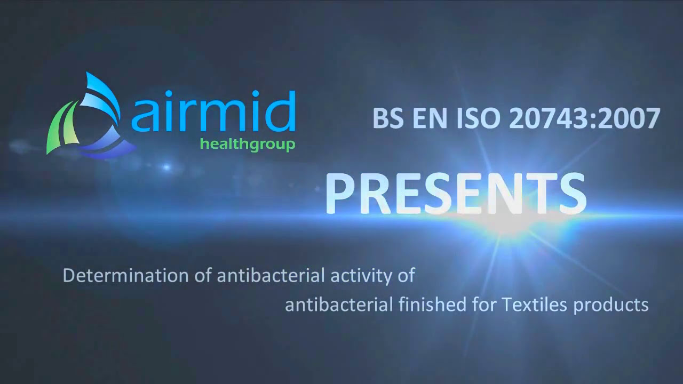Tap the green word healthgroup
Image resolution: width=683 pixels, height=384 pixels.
[247, 144]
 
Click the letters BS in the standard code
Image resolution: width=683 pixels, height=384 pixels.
[385, 118]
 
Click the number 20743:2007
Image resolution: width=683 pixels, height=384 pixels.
[584, 118]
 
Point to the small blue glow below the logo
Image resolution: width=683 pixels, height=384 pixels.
[166, 167]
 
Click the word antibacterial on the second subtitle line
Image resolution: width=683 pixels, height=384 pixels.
[339, 305]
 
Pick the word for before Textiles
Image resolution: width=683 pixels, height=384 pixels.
[483, 305]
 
